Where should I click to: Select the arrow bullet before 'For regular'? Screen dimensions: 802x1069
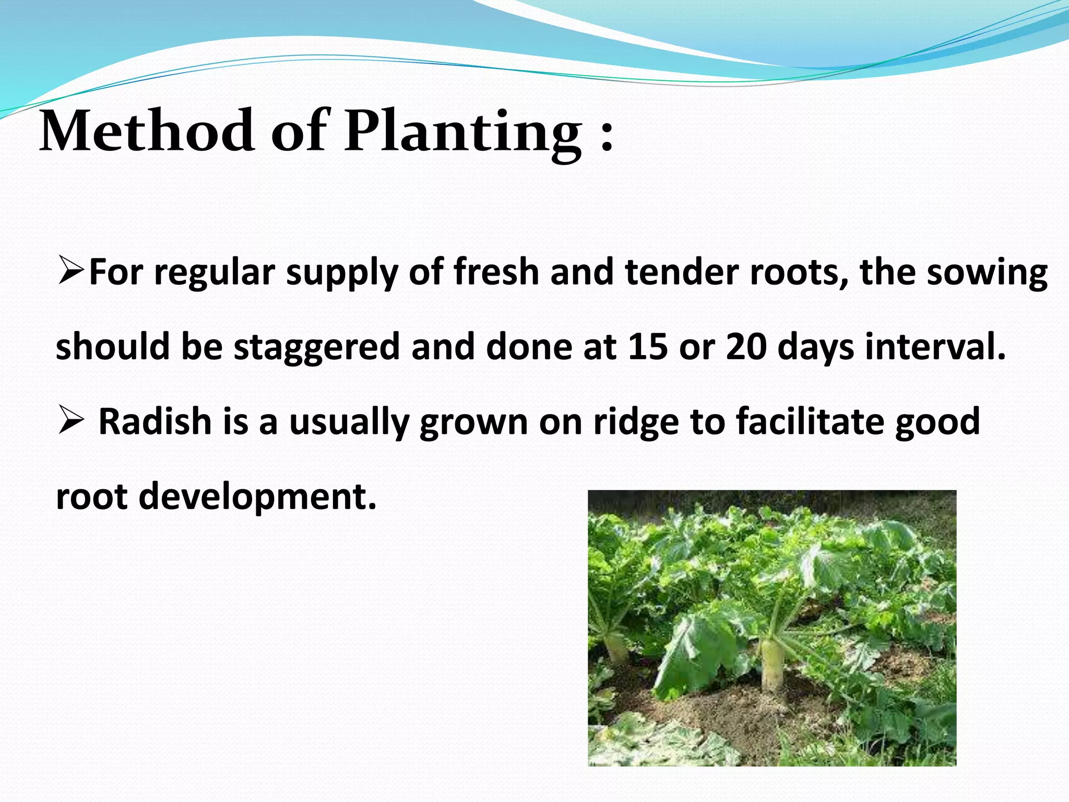click(x=72, y=272)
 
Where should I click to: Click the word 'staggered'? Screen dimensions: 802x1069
click(x=316, y=347)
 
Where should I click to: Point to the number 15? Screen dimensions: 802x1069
click(x=647, y=346)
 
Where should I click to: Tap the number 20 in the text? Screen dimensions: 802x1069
click(x=745, y=346)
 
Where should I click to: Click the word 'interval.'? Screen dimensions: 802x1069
click(x=935, y=346)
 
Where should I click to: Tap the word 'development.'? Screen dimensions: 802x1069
click(x=257, y=497)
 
